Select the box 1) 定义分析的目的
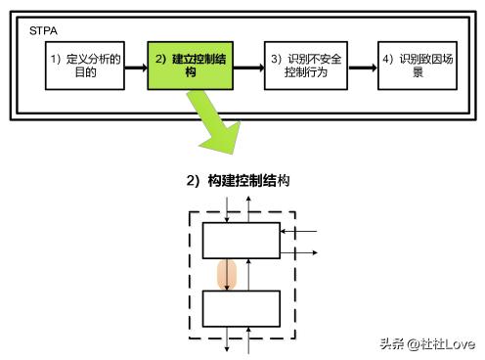pyautogui.click(x=86, y=66)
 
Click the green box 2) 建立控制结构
pyautogui.click(x=190, y=66)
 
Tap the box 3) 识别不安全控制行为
pyautogui.click(x=306, y=66)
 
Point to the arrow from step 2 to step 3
pyautogui.click(x=248, y=66)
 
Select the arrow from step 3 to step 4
pyautogui.click(x=363, y=66)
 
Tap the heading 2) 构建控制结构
pyautogui.click(x=239, y=181)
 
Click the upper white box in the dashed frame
pyautogui.click(x=240, y=240)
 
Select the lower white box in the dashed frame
pyautogui.click(x=240, y=308)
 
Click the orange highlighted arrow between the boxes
pyautogui.click(x=227, y=274)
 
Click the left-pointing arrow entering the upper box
pyautogui.click(x=298, y=232)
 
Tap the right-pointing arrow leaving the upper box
pyautogui.click(x=298, y=251)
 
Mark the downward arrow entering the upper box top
pyautogui.click(x=227, y=208)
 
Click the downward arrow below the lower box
pyautogui.click(x=227, y=337)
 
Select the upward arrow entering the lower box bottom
pyautogui.click(x=251, y=339)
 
